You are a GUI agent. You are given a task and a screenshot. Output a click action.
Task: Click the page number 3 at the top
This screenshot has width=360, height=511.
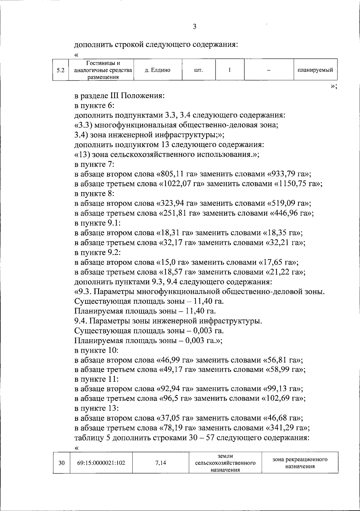[194, 27]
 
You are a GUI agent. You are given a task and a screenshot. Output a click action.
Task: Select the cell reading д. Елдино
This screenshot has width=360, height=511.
[157, 70]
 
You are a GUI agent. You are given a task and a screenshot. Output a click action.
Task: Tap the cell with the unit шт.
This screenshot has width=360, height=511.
[199, 70]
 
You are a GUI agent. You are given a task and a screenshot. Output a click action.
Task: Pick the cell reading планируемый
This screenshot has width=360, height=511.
[315, 70]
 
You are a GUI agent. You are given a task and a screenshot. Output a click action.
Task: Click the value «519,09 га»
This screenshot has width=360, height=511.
[289, 204]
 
